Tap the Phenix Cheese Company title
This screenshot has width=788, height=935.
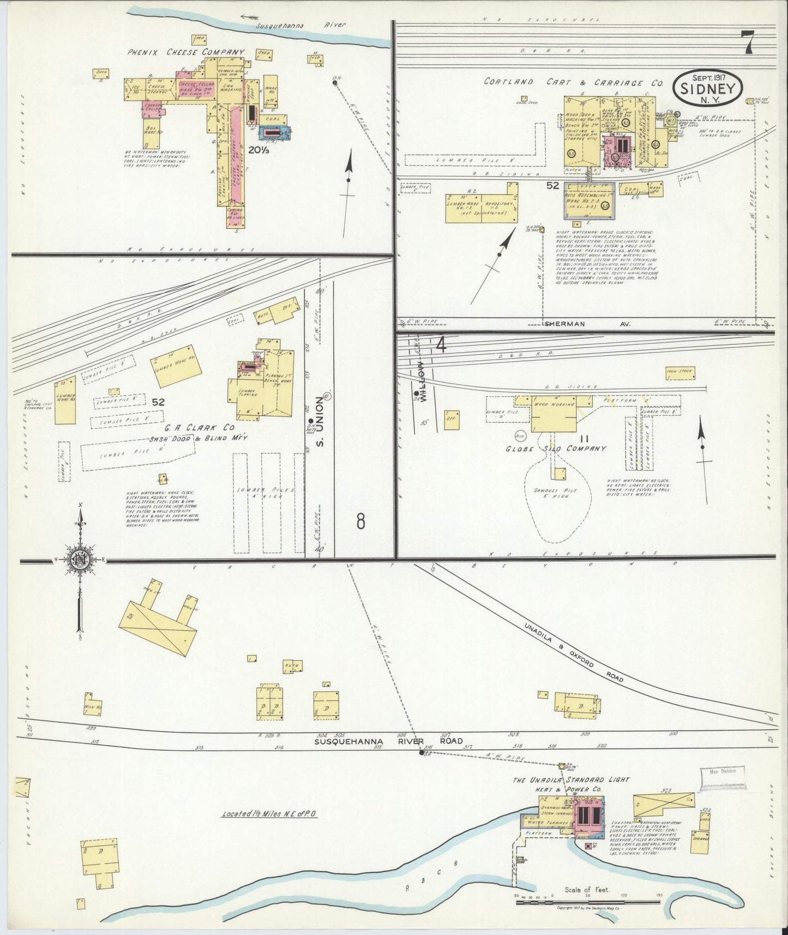click(x=186, y=52)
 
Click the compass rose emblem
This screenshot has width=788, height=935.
click(x=81, y=560)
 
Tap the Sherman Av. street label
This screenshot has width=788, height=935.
click(x=587, y=323)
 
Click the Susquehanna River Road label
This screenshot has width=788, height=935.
click(x=388, y=741)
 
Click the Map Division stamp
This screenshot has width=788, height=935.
click(x=722, y=771)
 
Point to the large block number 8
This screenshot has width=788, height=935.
click(x=360, y=522)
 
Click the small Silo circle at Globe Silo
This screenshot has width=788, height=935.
click(x=520, y=436)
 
